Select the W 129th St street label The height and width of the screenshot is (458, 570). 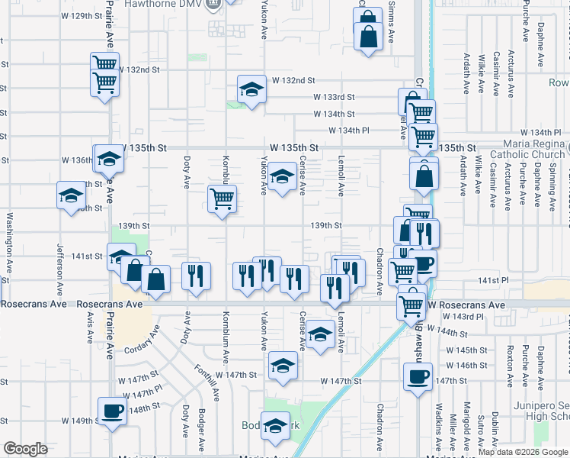click(x=83, y=15)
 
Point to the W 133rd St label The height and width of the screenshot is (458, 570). click(x=335, y=97)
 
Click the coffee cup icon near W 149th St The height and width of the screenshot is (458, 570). click(x=112, y=411)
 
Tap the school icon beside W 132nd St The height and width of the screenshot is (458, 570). click(x=251, y=89)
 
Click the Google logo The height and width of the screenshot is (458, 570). click(x=25, y=449)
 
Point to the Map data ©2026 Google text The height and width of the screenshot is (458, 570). click(x=523, y=452)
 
